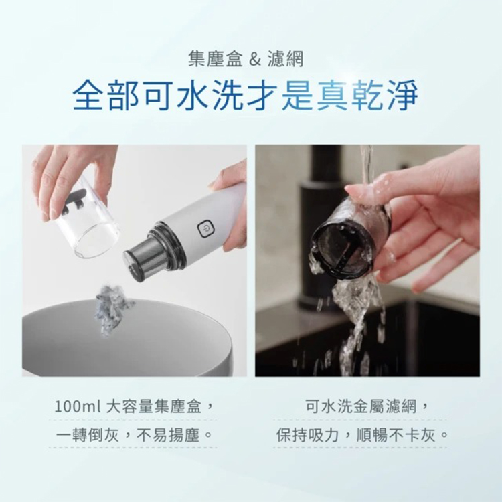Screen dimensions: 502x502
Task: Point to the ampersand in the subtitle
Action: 255,60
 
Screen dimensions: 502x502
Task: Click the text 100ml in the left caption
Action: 78,407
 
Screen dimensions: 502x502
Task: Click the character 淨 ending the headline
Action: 402,95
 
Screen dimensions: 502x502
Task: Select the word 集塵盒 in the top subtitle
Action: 216,60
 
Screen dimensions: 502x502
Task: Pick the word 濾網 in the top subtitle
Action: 286,60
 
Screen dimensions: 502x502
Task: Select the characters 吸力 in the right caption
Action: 324,435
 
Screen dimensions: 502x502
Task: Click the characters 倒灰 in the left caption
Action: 103,435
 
